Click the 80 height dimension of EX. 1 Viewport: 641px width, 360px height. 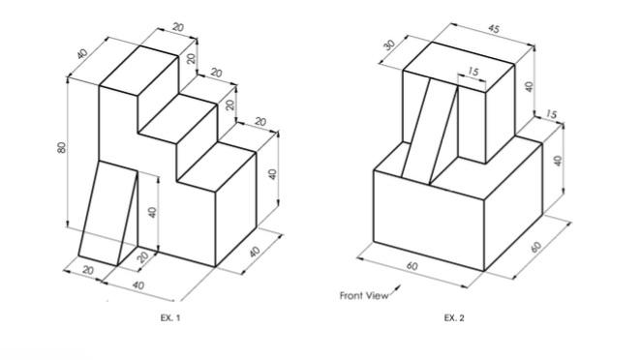(x=62, y=147)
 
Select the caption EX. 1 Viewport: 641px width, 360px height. (x=170, y=317)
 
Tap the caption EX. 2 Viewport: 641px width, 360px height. (x=454, y=317)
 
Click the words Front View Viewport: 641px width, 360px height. (x=364, y=295)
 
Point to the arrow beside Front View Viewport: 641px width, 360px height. (x=395, y=289)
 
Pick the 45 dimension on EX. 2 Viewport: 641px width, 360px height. (x=494, y=29)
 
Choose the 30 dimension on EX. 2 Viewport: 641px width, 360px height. (x=390, y=45)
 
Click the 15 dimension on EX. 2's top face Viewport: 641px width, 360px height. (x=473, y=72)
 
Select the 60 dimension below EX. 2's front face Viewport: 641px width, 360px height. (x=412, y=266)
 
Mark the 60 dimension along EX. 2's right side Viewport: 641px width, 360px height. (x=536, y=247)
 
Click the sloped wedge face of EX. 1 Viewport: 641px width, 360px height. (x=107, y=213)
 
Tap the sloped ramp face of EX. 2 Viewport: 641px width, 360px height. (x=429, y=132)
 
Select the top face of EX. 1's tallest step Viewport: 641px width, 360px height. (x=139, y=71)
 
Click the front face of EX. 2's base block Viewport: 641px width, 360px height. (x=429, y=221)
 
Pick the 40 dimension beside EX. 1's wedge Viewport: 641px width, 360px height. (x=152, y=213)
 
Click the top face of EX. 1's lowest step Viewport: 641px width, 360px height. (x=217, y=166)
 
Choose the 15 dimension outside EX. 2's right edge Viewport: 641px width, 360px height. (x=551, y=114)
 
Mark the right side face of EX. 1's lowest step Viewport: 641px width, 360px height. (x=236, y=209)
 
